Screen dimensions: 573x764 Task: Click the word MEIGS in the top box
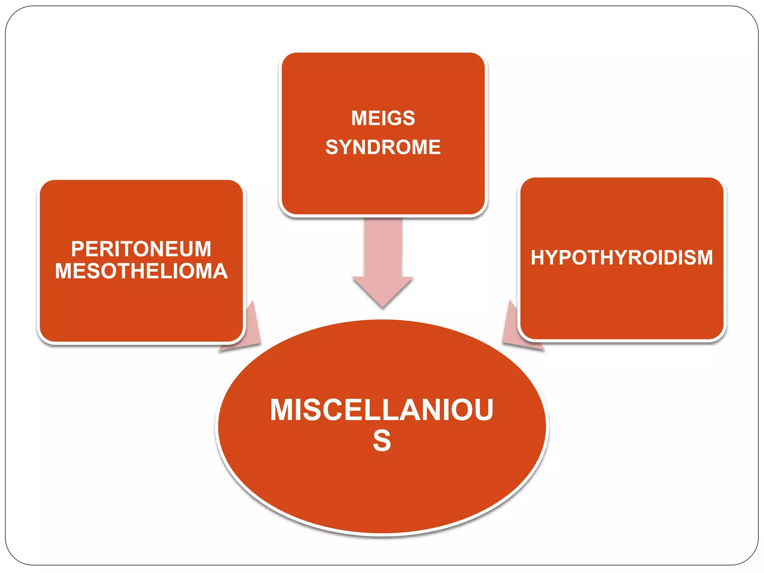click(x=383, y=118)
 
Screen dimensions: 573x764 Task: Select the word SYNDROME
click(x=383, y=147)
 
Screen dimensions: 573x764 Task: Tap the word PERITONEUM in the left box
click(x=141, y=249)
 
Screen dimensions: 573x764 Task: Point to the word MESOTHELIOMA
click(x=141, y=271)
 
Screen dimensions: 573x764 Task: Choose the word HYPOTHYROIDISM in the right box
click(x=621, y=257)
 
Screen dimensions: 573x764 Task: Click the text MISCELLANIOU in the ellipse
click(x=382, y=410)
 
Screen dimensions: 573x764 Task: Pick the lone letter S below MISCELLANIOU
click(x=382, y=441)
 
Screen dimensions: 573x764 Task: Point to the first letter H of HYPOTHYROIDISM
click(x=538, y=257)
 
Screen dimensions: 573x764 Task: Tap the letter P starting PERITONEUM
click(x=78, y=249)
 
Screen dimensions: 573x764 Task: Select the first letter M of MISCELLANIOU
click(x=281, y=410)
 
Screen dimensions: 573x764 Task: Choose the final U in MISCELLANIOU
click(x=483, y=410)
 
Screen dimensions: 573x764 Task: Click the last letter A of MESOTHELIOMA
click(x=220, y=271)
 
